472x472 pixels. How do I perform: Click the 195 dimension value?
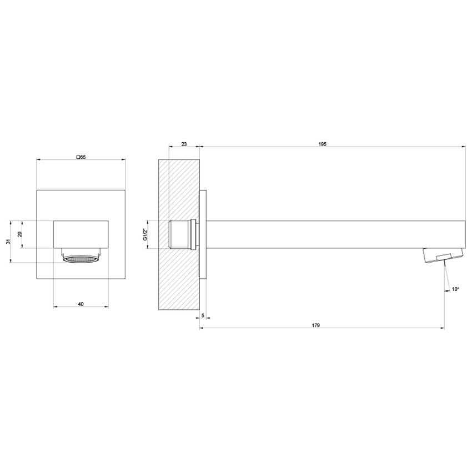point(323,144)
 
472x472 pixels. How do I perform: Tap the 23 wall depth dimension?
point(184,144)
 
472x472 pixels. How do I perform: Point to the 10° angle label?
point(455,289)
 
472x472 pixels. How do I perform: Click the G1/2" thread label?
point(145,234)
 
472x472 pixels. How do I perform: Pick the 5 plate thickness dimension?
point(203,315)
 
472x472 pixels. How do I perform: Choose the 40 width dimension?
point(81,304)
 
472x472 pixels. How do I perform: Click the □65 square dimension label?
point(81,157)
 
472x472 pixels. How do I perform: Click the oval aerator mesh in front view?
point(81,259)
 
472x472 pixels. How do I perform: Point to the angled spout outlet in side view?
point(443,255)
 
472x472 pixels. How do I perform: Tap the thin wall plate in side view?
point(203,234)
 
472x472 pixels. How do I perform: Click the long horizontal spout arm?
point(333,234)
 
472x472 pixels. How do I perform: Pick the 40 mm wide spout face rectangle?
point(81,233)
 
